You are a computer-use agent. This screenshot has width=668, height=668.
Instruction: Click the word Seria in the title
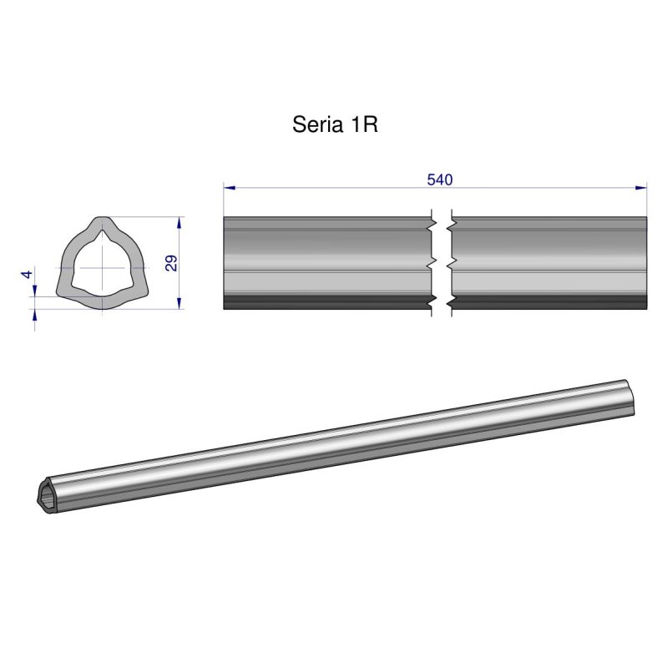[x=315, y=125]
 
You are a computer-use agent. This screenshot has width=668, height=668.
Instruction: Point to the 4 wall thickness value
[x=27, y=274]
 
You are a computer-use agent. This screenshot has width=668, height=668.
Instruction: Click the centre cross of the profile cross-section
[x=103, y=266]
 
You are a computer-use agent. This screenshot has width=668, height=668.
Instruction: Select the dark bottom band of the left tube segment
[x=326, y=302]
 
